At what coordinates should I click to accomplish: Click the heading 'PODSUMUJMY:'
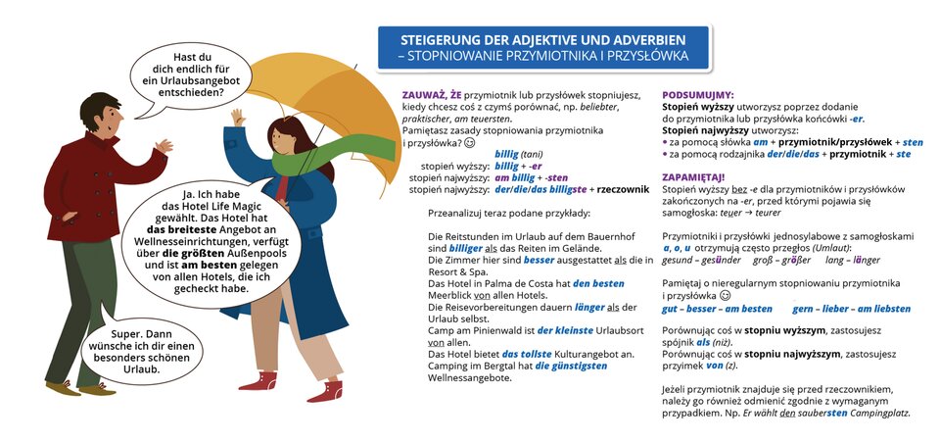700,85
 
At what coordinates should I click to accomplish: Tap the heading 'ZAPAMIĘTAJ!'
695,176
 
